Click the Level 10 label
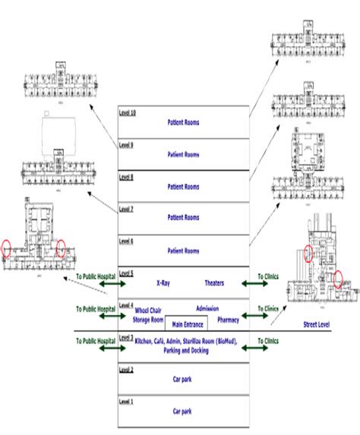point(128,112)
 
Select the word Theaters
point(216,282)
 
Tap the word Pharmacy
point(228,320)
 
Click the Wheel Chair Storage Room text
point(149,316)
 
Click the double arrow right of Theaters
point(255,283)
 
